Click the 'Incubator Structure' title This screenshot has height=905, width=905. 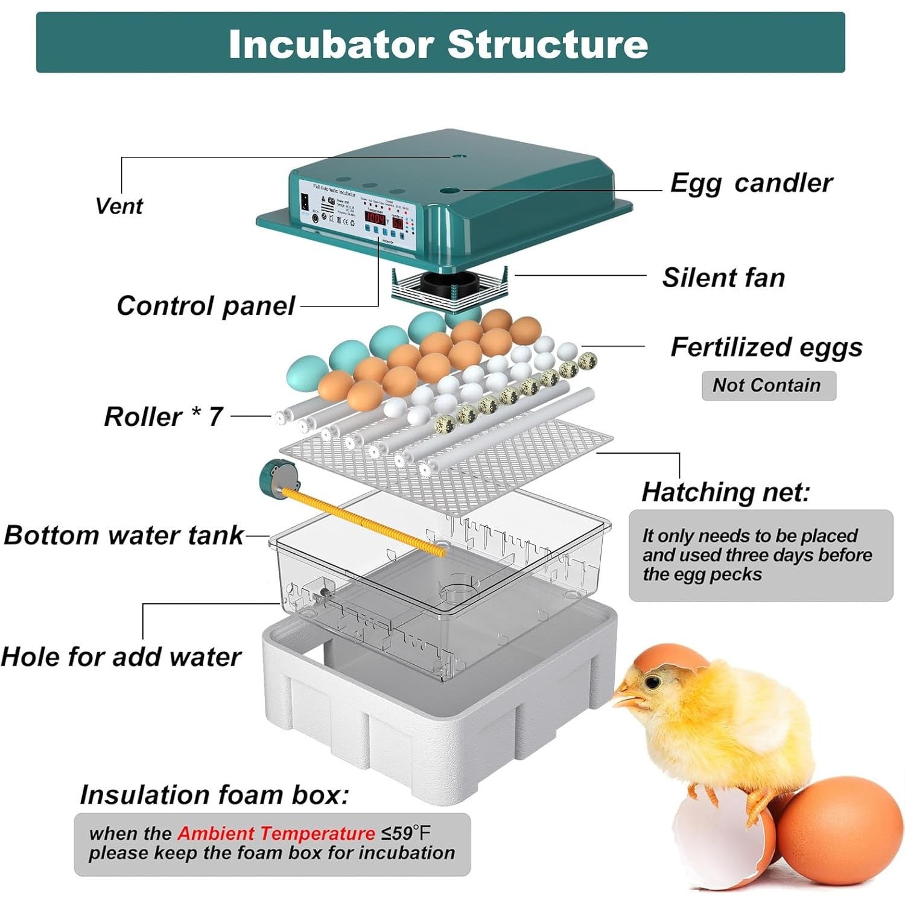[x=439, y=44]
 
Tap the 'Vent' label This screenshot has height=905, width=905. [x=119, y=206]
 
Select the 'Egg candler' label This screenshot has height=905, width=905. [x=751, y=183]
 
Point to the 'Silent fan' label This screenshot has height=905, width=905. [x=723, y=278]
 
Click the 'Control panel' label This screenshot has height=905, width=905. [x=206, y=306]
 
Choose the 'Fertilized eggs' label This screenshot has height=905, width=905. [x=766, y=348]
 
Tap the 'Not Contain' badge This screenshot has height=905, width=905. [x=768, y=385]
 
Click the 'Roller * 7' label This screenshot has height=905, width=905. [x=164, y=416]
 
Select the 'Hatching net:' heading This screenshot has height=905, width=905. [x=725, y=492]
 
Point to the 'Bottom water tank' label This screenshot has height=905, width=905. [x=124, y=535]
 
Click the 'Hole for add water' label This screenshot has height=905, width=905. [x=121, y=656]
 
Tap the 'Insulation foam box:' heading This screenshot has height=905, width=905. [x=214, y=795]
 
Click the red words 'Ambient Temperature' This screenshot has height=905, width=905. [x=276, y=834]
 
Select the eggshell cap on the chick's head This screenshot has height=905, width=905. [x=670, y=657]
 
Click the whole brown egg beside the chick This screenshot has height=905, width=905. [x=839, y=830]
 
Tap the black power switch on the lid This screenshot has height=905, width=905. [x=305, y=202]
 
